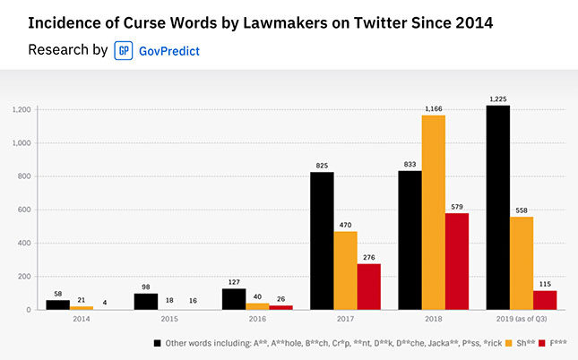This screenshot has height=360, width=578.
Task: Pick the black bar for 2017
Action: [x=322, y=241]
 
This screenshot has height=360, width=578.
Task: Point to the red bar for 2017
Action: [x=369, y=287]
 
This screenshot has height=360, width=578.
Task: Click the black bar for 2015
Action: [x=146, y=302]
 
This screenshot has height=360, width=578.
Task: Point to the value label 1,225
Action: [x=497, y=99]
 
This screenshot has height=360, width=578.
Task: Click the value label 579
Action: [x=457, y=207]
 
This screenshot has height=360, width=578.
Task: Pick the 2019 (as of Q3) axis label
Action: [x=521, y=318]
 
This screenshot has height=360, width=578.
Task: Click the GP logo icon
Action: [x=124, y=50]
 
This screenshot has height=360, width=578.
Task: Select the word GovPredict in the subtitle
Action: [x=168, y=51]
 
